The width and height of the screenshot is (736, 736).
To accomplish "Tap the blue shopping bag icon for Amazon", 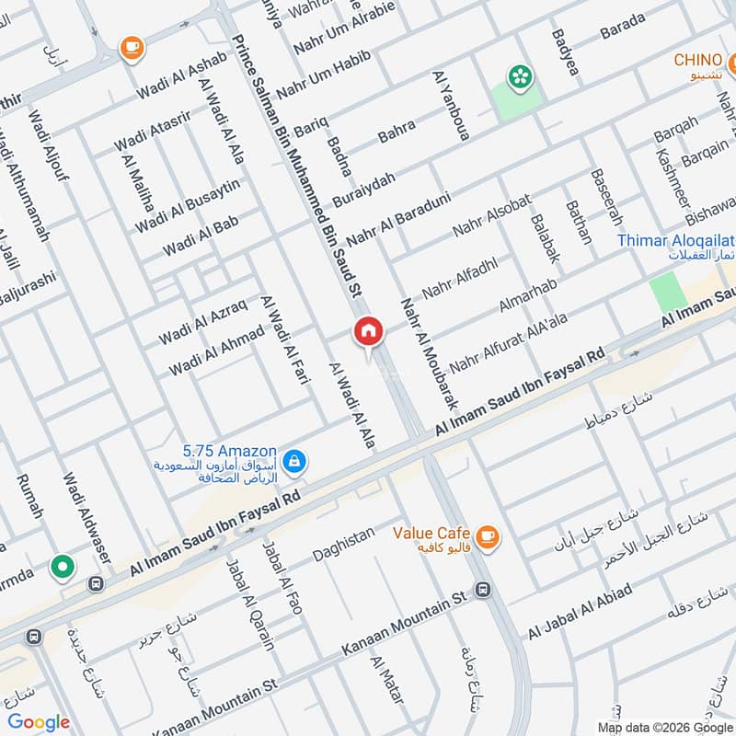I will coord(293,461).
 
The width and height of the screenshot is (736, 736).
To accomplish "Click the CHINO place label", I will coord(697,61).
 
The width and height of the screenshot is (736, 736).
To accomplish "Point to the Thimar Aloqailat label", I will coord(675,241).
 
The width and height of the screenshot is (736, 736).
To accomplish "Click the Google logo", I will coord(39,722).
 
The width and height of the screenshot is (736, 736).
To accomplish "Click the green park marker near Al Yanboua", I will coord(521,77).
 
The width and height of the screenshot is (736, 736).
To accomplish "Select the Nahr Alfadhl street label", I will coord(453,276).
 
